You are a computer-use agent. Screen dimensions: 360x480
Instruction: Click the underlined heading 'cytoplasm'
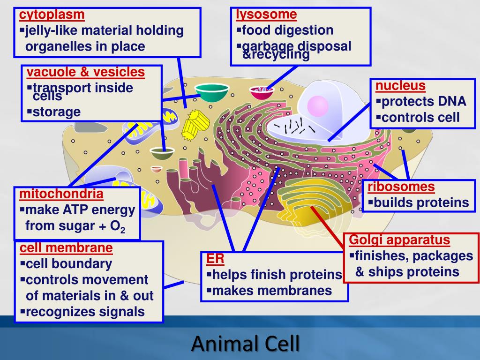tap(52, 15)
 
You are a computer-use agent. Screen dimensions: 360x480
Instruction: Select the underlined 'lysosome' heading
tap(266, 15)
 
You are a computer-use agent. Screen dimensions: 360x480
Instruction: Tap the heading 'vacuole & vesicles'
tap(85, 72)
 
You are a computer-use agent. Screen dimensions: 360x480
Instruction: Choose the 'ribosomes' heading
tap(401, 187)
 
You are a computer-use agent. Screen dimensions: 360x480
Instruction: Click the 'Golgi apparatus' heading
tap(399, 240)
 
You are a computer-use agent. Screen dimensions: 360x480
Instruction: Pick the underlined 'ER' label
tap(215, 259)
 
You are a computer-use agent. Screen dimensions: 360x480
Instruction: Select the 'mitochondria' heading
tap(61, 194)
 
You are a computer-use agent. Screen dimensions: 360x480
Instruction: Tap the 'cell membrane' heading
tap(66, 247)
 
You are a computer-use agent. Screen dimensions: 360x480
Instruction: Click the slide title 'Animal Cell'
tap(245, 344)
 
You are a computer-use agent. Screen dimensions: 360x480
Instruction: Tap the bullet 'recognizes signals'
tap(85, 312)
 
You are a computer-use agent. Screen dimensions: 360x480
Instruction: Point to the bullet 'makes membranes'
tap(272, 291)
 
